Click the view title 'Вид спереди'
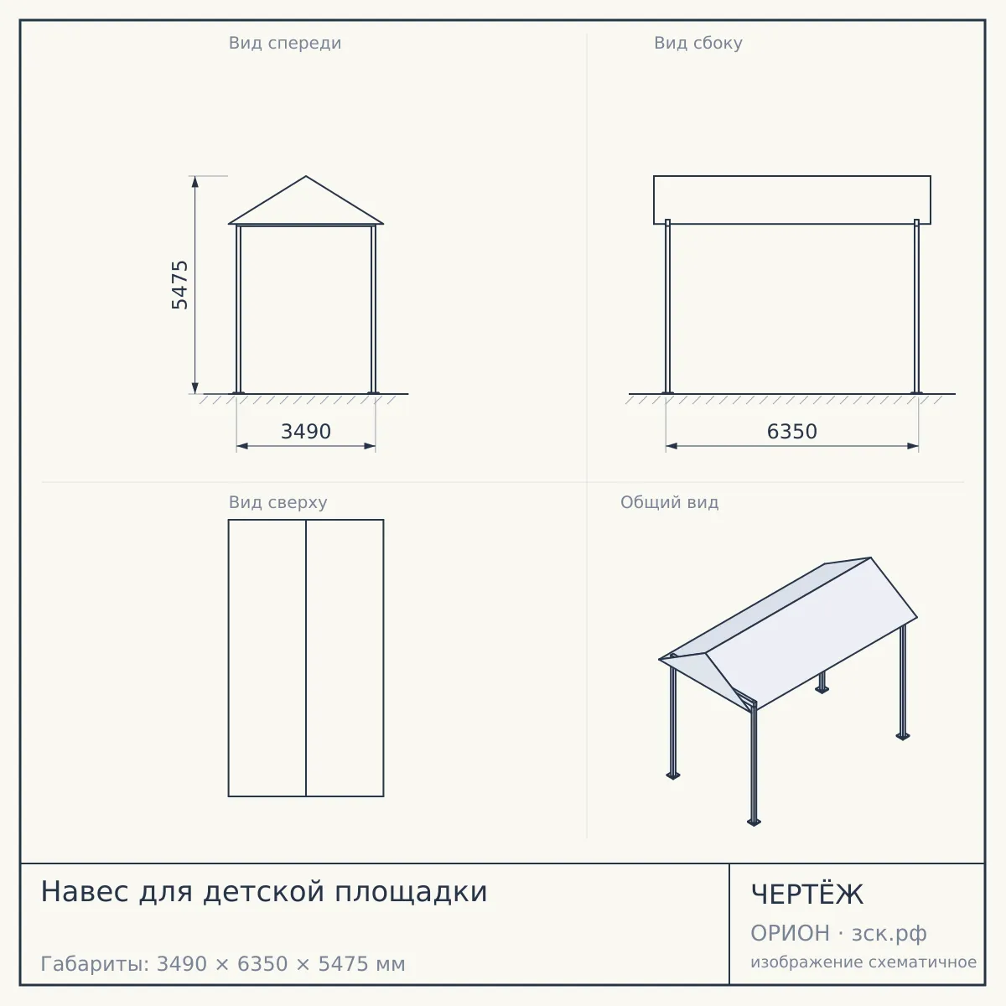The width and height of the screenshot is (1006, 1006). [x=285, y=43]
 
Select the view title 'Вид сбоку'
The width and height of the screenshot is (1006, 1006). [x=698, y=43]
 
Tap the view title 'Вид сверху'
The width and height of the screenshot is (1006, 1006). [x=277, y=502]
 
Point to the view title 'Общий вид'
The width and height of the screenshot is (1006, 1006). [x=669, y=502]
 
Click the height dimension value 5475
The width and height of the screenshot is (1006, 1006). [x=179, y=285]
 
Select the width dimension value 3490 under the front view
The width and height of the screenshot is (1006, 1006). [x=306, y=432]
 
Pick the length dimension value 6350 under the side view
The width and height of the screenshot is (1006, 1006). [x=792, y=432]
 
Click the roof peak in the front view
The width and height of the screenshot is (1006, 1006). [x=306, y=176]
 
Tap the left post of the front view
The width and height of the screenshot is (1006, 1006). [x=239, y=309]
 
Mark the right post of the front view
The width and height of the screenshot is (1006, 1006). [x=373, y=309]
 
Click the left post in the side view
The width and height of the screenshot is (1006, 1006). [x=667, y=307]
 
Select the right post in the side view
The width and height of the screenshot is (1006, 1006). [x=917, y=307]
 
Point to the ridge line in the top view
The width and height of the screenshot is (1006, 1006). [x=306, y=658]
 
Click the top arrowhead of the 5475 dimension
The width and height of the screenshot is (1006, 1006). [x=195, y=182]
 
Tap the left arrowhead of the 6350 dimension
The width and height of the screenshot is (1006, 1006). [x=672, y=446]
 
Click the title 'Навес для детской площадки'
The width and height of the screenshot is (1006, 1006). [x=264, y=892]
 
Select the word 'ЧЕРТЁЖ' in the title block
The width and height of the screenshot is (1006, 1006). [x=807, y=895]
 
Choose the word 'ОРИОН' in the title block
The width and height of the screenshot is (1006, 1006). [x=790, y=933]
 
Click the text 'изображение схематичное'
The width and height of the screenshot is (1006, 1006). [x=863, y=962]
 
